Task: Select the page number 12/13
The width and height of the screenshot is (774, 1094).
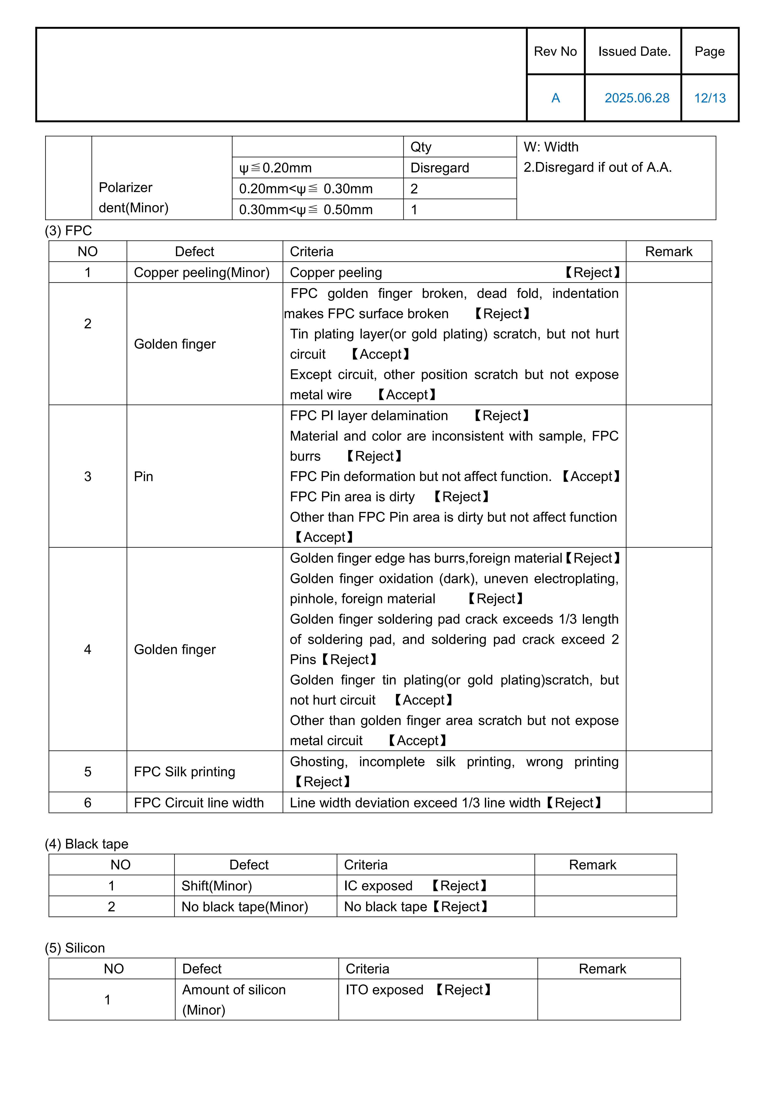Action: (x=710, y=98)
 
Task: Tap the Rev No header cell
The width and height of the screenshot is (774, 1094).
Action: (x=555, y=51)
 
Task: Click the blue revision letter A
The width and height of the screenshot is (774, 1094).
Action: (x=555, y=98)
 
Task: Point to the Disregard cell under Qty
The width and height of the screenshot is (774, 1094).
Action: (x=440, y=168)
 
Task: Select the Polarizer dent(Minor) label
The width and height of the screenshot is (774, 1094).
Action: (x=133, y=197)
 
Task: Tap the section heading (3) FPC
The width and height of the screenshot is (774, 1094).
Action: (x=68, y=230)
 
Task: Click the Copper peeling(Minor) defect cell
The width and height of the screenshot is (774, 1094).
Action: (x=202, y=273)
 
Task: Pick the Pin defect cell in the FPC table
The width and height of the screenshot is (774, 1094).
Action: (x=143, y=477)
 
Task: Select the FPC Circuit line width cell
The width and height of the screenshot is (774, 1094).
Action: (x=199, y=803)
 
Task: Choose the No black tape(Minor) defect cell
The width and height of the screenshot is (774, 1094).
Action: (x=245, y=907)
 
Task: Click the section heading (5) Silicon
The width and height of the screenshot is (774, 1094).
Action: (x=75, y=948)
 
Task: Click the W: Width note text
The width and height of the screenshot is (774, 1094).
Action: (x=551, y=147)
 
